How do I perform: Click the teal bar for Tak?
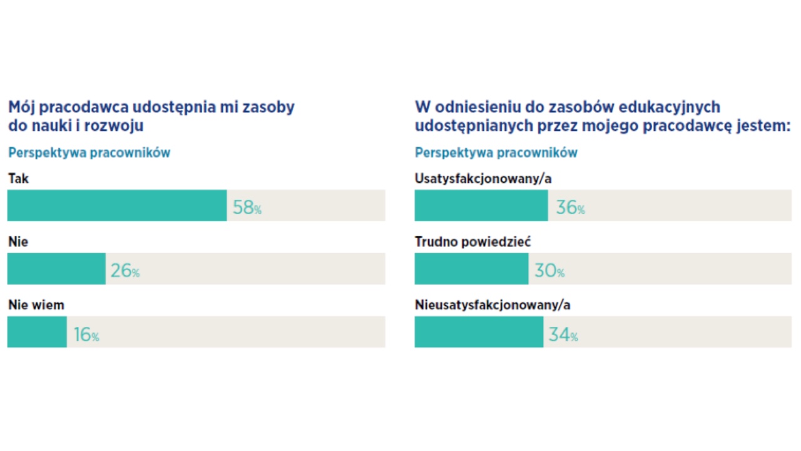(117, 205)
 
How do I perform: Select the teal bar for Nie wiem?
(37, 332)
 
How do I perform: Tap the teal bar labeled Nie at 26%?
(56, 269)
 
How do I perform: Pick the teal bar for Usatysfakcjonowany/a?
(481, 205)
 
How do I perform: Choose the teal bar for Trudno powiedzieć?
(471, 269)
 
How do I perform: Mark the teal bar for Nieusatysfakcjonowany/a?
(479, 332)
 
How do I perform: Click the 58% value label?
(247, 207)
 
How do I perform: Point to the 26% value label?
(125, 271)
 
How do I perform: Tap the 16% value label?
(86, 334)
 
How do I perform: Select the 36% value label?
(570, 207)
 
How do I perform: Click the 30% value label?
(549, 271)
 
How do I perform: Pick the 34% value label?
(563, 334)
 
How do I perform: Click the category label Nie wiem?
(36, 305)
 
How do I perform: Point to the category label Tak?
(19, 179)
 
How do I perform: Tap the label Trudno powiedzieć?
(472, 242)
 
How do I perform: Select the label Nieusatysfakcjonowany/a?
(492, 305)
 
